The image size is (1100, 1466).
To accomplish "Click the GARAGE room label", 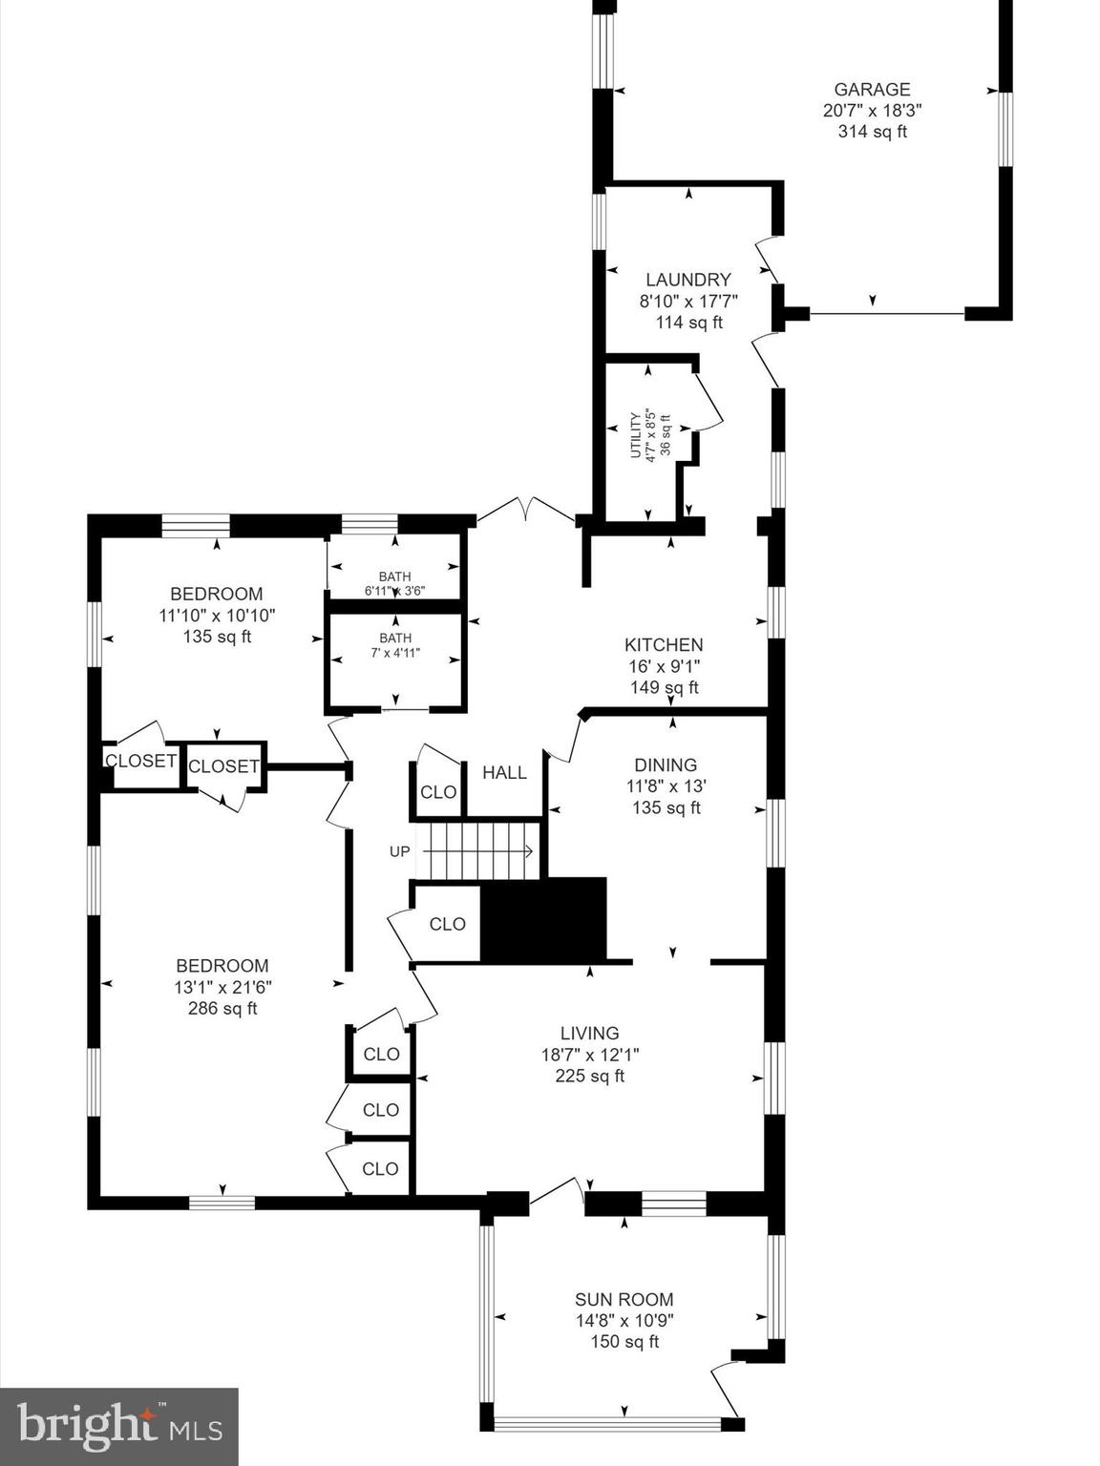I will tap(872, 90).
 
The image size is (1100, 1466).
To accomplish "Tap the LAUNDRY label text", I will tap(688, 280).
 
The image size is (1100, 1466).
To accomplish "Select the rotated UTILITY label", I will tap(635, 435).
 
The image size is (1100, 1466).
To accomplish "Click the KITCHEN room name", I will tap(664, 645).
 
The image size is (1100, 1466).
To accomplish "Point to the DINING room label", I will tap(666, 764).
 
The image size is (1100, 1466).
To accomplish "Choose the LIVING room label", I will tap(589, 1033).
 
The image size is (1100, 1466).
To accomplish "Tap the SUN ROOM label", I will tap(624, 1299).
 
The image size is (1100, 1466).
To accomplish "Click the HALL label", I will tap(504, 772).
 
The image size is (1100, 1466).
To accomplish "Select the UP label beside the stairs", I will tap(399, 851).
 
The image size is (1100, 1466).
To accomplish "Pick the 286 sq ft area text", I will tap(222, 1008).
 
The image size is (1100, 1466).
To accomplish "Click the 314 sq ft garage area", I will tap(872, 132).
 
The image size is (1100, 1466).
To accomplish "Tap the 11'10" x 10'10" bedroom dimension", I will tap(217, 616).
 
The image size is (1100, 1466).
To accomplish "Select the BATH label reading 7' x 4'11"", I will tap(394, 646).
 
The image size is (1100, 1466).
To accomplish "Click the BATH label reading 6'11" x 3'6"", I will tap(394, 584).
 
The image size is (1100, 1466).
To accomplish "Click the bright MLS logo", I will tap(118, 1427).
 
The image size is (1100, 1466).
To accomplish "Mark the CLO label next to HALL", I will tap(438, 792).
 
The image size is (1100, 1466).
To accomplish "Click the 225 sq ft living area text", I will tap(589, 1076).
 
